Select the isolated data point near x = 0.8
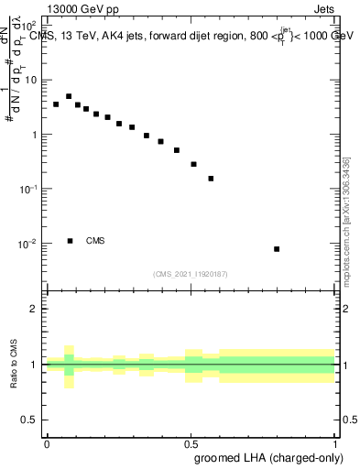point(277,249)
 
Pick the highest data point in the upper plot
point(69,96)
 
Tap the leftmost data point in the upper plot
point(56,104)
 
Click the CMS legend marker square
point(70,241)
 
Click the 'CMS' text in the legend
point(95,241)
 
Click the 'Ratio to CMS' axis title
point(14,365)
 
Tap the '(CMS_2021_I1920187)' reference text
point(191,273)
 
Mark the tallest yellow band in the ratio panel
point(69,366)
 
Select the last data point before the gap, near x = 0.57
point(211,179)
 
